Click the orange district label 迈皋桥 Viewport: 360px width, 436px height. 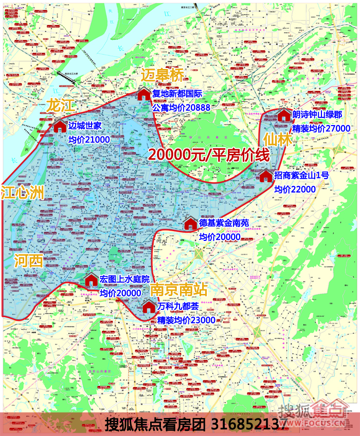[162, 75]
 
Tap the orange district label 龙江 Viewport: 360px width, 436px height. [60, 106]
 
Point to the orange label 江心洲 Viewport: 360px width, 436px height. [22, 193]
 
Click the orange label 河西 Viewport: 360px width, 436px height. [28, 260]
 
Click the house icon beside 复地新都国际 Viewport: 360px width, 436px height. [143, 94]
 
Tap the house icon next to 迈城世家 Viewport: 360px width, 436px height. [60, 126]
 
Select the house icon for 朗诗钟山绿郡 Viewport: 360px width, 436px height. [283, 115]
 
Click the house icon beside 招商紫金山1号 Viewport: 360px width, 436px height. [265, 176]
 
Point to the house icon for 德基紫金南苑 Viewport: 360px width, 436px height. [190, 224]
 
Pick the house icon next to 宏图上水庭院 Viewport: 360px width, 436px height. [91, 280]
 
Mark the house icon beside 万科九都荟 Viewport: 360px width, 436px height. [149, 307]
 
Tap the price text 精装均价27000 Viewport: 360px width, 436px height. [321, 128]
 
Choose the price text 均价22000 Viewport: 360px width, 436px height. [295, 189]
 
